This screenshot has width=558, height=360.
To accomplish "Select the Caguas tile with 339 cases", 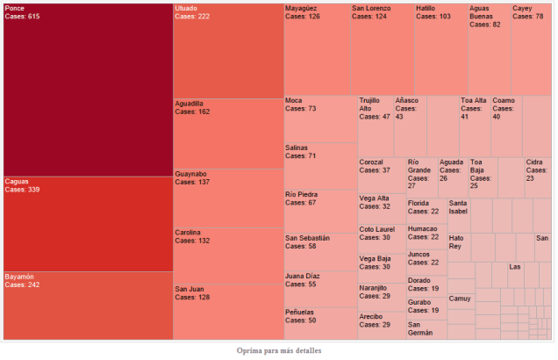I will point(88,224).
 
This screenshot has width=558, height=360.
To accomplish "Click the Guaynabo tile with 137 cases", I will point(228,198).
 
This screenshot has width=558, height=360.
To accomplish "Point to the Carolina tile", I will point(228,255).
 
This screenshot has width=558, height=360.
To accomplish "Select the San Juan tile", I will point(228,312).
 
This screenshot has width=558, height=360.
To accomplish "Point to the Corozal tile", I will point(381,176).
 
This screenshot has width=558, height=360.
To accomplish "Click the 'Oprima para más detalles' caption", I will point(279,350).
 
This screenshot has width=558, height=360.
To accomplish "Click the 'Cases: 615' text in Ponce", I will point(22,17).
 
